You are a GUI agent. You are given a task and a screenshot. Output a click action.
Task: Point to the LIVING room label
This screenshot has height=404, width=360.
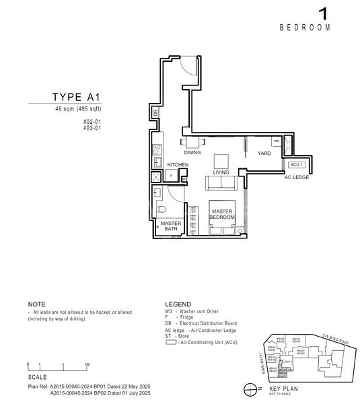[x=221, y=172]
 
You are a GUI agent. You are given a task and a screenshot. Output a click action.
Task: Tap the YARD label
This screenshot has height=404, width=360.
[x=264, y=154]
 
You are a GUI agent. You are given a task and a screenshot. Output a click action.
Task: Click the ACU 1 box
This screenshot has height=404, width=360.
[x=296, y=165]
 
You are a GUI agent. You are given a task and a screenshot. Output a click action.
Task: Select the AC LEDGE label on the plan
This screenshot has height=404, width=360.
[x=296, y=177]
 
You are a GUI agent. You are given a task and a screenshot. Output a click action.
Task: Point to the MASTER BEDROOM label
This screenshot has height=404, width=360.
[x=221, y=215]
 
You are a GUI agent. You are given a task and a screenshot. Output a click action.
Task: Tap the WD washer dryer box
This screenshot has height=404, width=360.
[x=276, y=141]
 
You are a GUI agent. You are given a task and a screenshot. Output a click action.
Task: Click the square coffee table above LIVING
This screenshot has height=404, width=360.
[x=221, y=162]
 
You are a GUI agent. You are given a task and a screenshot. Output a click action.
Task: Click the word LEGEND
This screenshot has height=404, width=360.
[x=178, y=304]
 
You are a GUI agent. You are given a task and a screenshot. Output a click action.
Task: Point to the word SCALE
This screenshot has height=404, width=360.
[x=38, y=378]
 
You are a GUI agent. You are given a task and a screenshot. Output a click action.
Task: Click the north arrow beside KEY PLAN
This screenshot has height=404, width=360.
[x=250, y=390]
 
